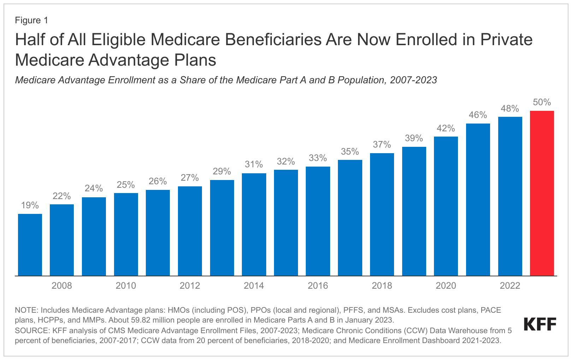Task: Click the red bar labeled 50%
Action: pyautogui.click(x=542, y=193)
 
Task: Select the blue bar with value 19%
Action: pyautogui.click(x=30, y=245)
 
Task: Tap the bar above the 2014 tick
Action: pyautogui.click(x=254, y=224)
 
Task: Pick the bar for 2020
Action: pyautogui.click(x=446, y=206)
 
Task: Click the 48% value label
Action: pyautogui.click(x=510, y=109)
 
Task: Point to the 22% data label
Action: pyautogui.click(x=62, y=196)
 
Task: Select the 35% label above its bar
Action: pyautogui.click(x=350, y=152)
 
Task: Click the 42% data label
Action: pyautogui.click(x=446, y=128)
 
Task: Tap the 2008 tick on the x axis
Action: pyautogui.click(x=62, y=286)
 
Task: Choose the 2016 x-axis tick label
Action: pyautogui.click(x=318, y=286)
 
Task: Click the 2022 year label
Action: pyautogui.click(x=510, y=286)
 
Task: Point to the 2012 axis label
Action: pyautogui.click(x=190, y=286)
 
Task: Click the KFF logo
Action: pyautogui.click(x=540, y=324)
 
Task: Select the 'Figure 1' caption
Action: pyautogui.click(x=31, y=20)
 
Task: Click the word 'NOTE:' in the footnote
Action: pyautogui.click(x=26, y=310)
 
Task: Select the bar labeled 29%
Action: pyautogui.click(x=222, y=228)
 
